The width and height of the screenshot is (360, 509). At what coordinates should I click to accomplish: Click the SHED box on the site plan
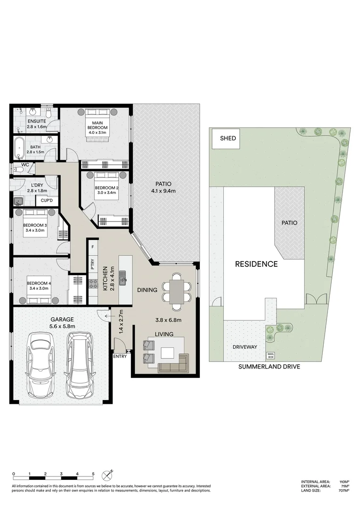pos(228,139)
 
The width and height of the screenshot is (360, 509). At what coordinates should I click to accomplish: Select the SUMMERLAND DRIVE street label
pos(269,367)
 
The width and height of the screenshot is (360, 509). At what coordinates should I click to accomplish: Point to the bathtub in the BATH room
pos(19,148)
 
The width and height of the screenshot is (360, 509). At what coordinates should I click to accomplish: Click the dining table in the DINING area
pos(177,291)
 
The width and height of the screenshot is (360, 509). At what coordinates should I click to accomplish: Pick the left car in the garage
pos(41,365)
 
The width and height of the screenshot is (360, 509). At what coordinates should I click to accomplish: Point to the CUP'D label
pos(46,200)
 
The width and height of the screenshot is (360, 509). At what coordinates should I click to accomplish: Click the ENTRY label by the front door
pos(120,357)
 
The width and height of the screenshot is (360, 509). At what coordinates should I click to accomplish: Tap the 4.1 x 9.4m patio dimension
pos(163,191)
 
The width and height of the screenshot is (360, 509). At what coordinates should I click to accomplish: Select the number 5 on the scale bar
pos(93,474)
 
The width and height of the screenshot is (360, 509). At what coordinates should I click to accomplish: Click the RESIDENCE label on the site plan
pos(256,264)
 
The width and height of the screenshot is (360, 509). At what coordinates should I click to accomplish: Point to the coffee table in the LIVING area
pos(167,353)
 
